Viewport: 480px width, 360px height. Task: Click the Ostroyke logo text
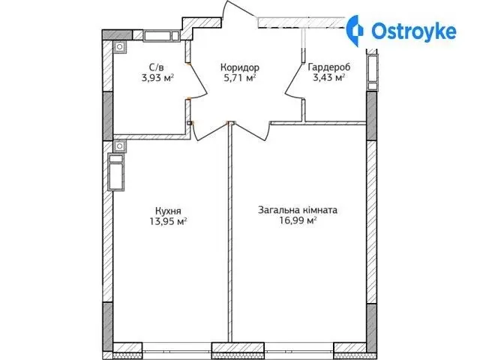click(414, 31)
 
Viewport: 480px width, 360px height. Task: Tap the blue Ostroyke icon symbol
click(355, 31)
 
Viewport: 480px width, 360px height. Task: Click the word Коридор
click(240, 67)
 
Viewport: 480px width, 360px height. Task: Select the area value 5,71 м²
click(240, 78)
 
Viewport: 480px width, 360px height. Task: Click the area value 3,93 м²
click(157, 78)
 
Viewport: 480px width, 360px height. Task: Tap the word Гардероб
click(329, 67)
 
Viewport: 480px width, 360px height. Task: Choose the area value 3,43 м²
click(328, 78)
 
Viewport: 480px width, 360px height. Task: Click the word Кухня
click(168, 211)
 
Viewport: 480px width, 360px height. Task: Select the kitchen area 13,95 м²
click(168, 221)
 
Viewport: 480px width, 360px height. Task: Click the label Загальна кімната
click(298, 210)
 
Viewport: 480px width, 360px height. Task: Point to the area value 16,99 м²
click(298, 220)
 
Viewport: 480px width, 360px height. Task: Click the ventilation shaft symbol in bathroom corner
click(119, 47)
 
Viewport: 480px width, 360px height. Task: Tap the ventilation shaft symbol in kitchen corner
click(119, 146)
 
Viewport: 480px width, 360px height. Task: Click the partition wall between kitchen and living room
click(230, 232)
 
